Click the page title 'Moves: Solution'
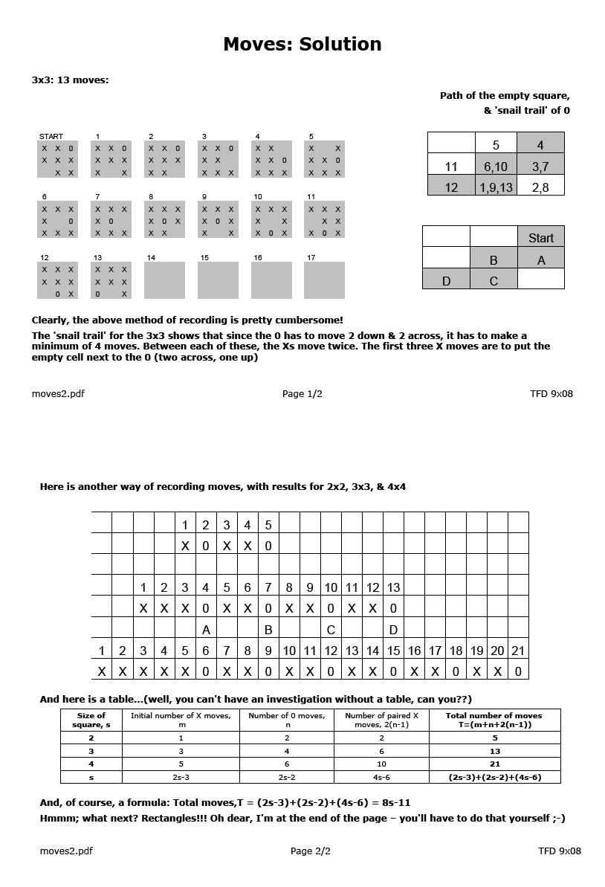[302, 45]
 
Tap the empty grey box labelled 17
[325, 280]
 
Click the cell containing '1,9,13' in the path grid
[496, 187]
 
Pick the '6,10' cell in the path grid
[496, 167]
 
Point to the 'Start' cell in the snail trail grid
[540, 238]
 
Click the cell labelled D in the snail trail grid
[446, 280]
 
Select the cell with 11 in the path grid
[451, 167]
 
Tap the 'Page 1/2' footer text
[302, 393]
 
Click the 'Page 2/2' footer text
[311, 851]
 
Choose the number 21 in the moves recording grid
[518, 651]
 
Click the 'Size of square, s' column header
[91, 720]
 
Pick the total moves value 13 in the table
[495, 751]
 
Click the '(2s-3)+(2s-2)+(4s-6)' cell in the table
[495, 777]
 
